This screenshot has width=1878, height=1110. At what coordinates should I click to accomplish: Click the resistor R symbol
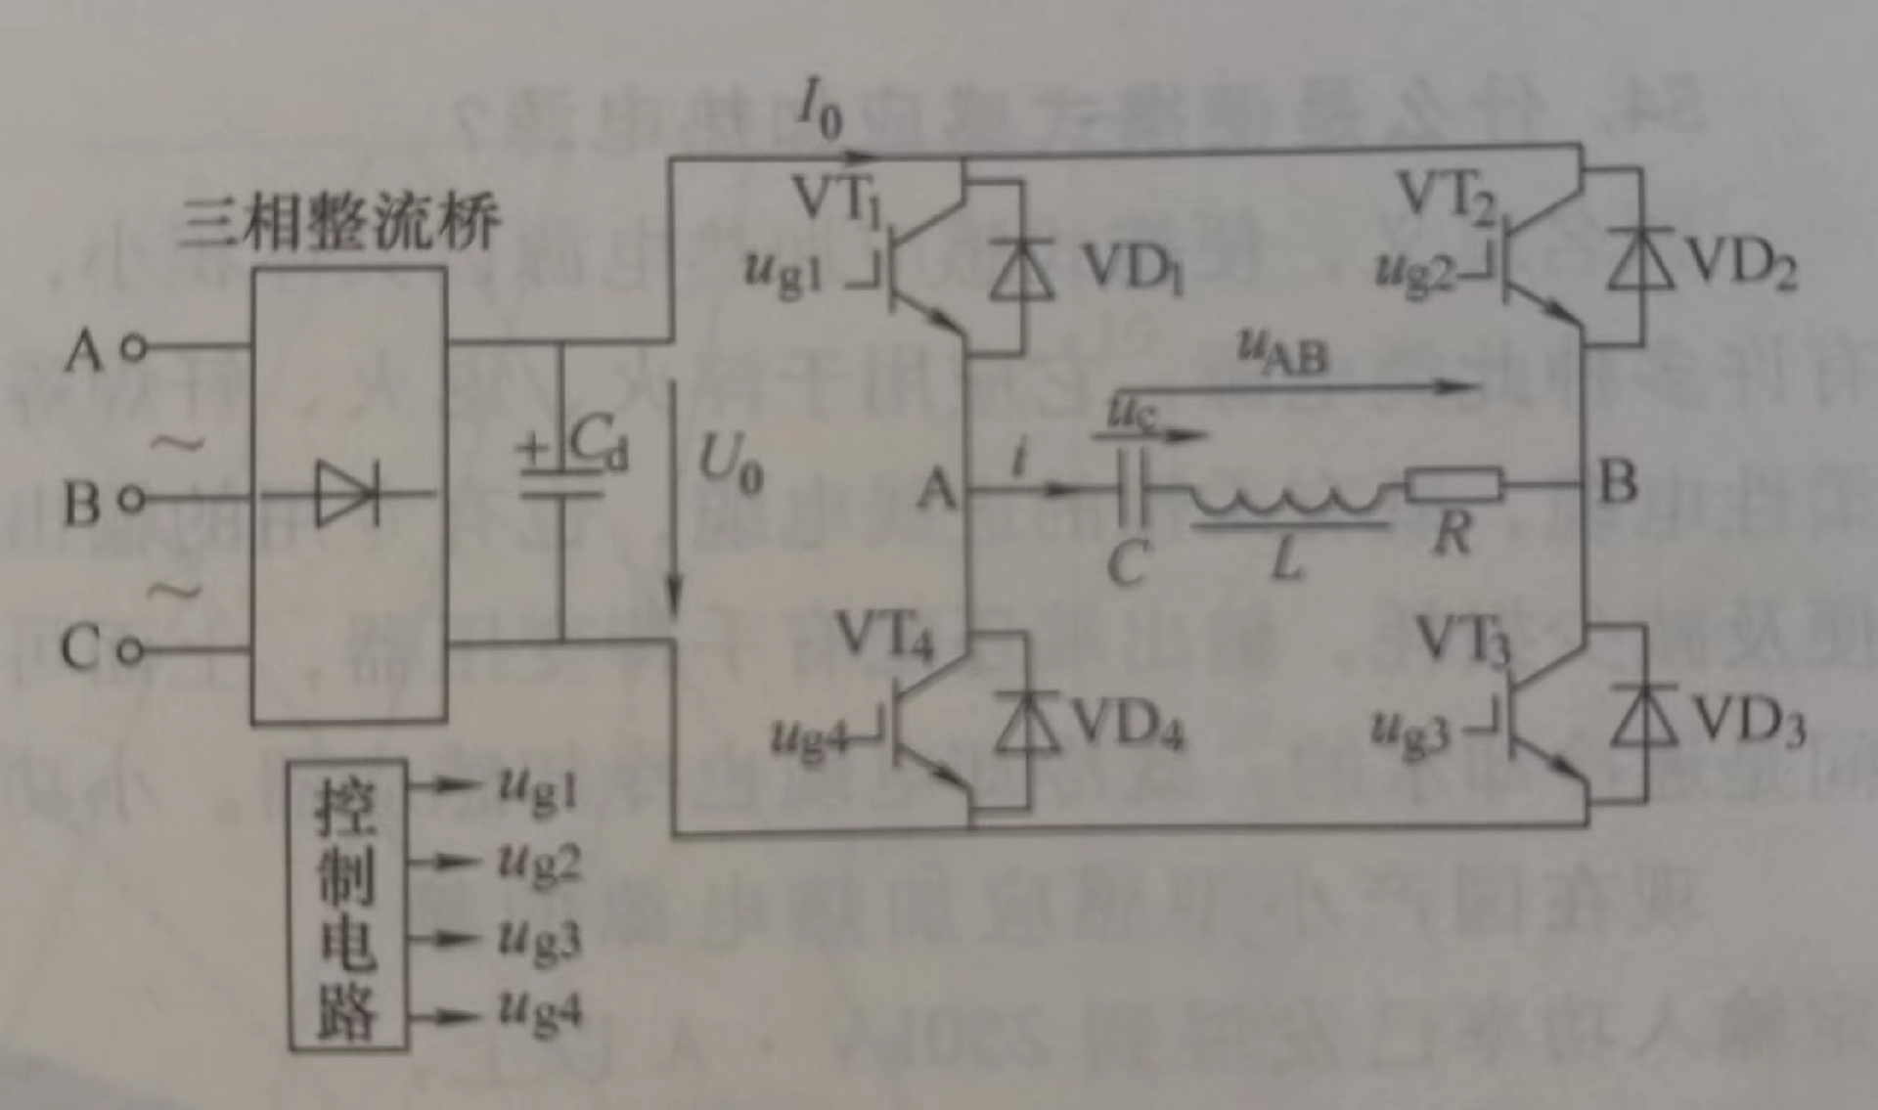pyautogui.click(x=1453, y=484)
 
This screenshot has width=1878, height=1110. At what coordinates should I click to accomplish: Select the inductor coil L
pyautogui.click(x=1289, y=499)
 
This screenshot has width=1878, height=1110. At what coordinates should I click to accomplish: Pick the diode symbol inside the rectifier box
pyautogui.click(x=347, y=494)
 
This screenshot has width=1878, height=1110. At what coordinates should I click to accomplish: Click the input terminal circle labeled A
pyautogui.click(x=134, y=347)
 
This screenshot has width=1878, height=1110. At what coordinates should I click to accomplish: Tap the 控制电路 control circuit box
pyautogui.click(x=348, y=905)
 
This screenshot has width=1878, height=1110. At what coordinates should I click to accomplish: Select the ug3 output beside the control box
pyautogui.click(x=539, y=939)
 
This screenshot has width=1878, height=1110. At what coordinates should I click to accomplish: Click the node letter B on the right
pyautogui.click(x=1619, y=481)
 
